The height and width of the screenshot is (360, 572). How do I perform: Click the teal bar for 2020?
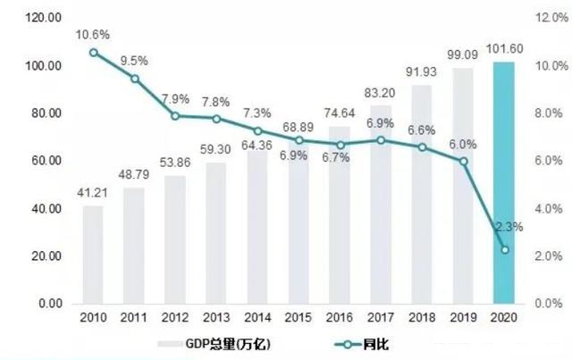[505, 183]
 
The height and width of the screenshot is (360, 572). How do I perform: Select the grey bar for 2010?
[93, 255]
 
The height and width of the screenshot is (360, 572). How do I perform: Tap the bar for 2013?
[215, 233]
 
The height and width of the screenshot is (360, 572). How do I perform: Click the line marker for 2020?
[505, 249]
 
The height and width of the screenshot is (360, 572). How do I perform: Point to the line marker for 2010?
[93, 53]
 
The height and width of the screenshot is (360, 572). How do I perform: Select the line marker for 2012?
[175, 116]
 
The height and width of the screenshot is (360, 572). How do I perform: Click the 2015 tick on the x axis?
[299, 320]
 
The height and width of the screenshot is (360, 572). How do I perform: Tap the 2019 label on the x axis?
[463, 320]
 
